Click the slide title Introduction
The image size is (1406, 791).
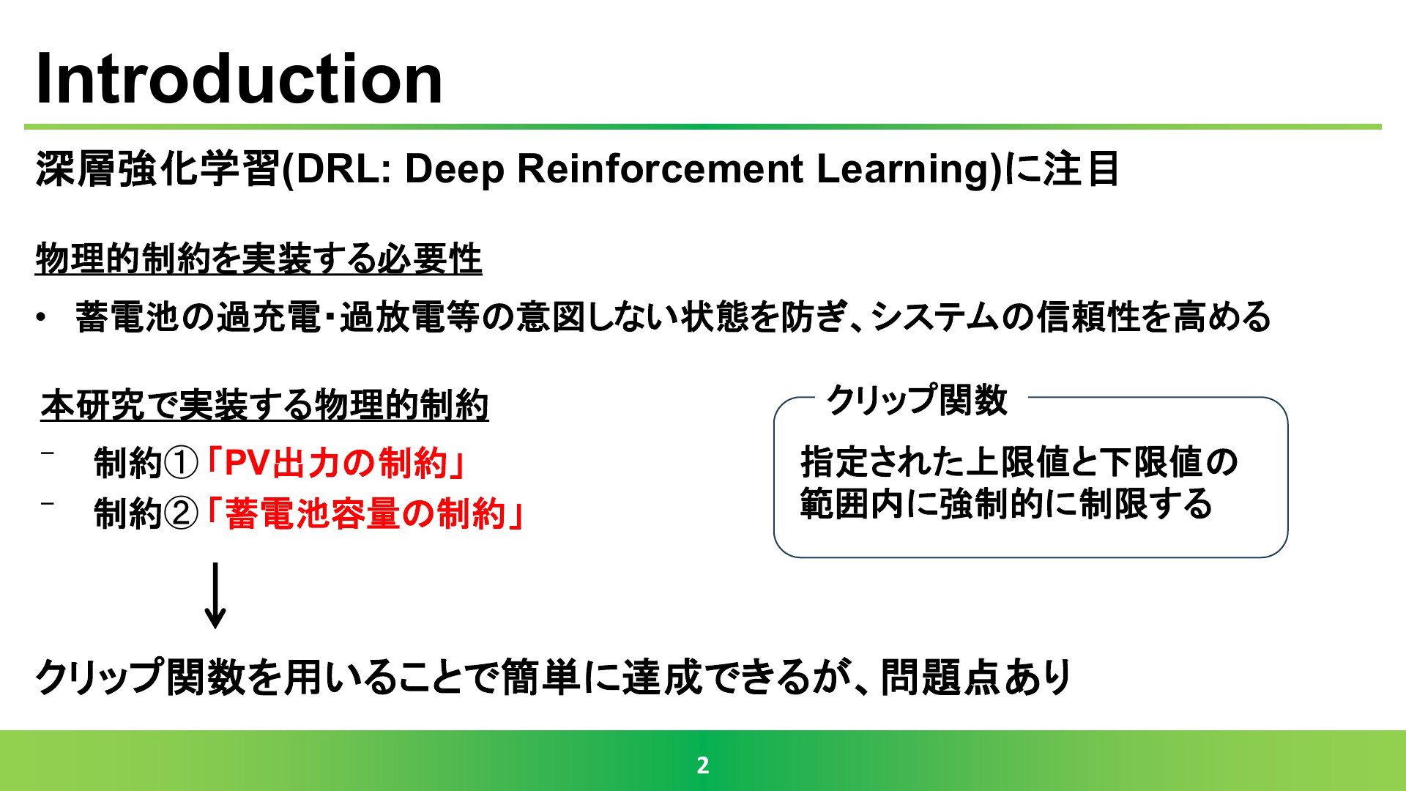pos(239,79)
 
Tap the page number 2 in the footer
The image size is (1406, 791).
pos(703,765)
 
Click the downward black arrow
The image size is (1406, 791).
pos(215,595)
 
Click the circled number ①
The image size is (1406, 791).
pos(180,464)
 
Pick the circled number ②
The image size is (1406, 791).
pos(180,513)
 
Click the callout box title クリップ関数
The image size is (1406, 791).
pos(917,400)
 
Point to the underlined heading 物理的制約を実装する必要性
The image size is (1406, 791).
pos(258,259)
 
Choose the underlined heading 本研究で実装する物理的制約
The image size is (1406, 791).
pos(265,405)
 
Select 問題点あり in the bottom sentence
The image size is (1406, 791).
pos(977,677)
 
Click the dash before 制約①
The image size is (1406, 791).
pos(48,453)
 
